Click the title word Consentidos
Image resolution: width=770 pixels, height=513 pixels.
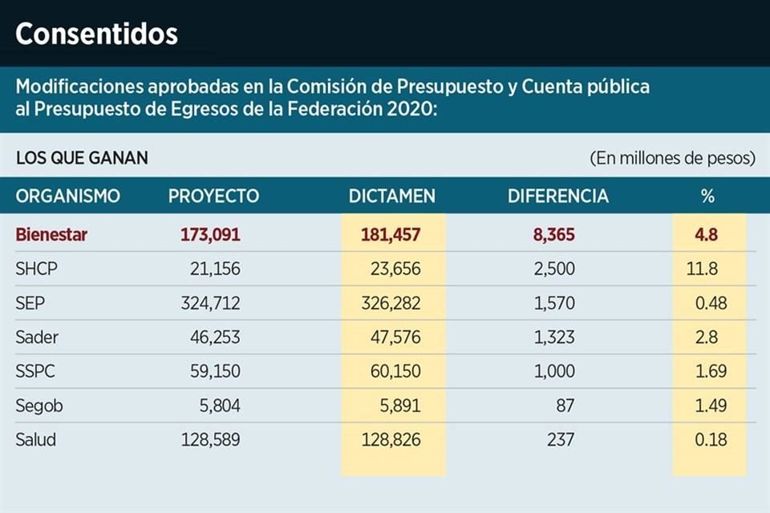(96, 34)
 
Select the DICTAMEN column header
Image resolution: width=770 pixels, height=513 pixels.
(392, 196)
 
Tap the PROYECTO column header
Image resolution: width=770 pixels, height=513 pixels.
(213, 196)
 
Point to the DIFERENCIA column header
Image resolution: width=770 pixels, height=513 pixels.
(558, 196)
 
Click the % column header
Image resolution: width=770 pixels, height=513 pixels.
(707, 196)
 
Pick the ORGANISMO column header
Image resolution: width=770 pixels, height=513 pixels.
(68, 196)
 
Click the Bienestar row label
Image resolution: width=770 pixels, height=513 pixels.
(51, 236)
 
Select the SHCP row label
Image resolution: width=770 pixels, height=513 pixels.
(37, 269)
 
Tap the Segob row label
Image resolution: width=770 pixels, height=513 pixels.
(39, 406)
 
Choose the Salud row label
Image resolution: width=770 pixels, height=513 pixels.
(36, 440)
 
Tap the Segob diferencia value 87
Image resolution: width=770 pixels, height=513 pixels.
(565, 406)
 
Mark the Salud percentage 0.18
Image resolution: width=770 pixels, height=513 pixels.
(711, 440)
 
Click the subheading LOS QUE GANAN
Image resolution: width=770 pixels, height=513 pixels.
(82, 158)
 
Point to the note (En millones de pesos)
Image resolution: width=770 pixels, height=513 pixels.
(672, 158)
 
